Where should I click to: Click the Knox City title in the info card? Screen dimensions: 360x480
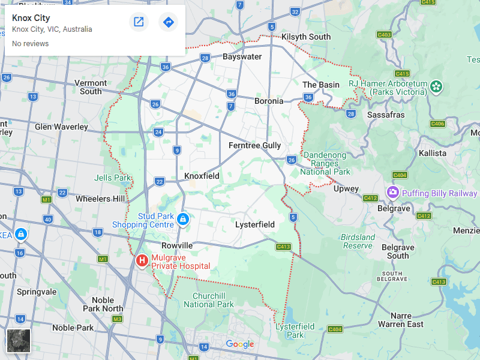click(x=31, y=18)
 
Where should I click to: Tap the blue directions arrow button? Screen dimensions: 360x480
click(x=169, y=22)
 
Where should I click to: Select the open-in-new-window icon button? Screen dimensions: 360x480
click(x=139, y=22)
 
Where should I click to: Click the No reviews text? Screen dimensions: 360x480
click(x=30, y=44)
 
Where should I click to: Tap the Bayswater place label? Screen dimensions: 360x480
click(x=242, y=57)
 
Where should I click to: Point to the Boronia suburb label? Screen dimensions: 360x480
click(x=269, y=101)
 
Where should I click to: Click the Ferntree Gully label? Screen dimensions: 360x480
click(x=254, y=145)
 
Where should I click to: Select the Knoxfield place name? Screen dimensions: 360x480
click(x=202, y=176)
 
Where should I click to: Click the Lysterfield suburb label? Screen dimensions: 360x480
click(x=254, y=224)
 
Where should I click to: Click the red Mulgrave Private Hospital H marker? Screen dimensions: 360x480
click(x=142, y=260)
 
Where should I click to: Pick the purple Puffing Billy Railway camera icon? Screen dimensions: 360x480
click(x=393, y=193)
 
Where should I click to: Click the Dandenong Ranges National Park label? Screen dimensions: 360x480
click(x=325, y=163)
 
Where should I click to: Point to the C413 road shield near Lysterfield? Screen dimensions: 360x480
click(x=284, y=247)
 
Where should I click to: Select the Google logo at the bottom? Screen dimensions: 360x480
click(x=240, y=344)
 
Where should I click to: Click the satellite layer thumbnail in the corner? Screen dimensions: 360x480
click(x=18, y=340)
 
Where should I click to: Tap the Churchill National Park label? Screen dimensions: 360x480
click(x=208, y=300)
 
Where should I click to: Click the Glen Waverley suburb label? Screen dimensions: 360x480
click(x=61, y=127)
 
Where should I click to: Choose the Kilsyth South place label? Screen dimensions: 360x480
click(x=306, y=37)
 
